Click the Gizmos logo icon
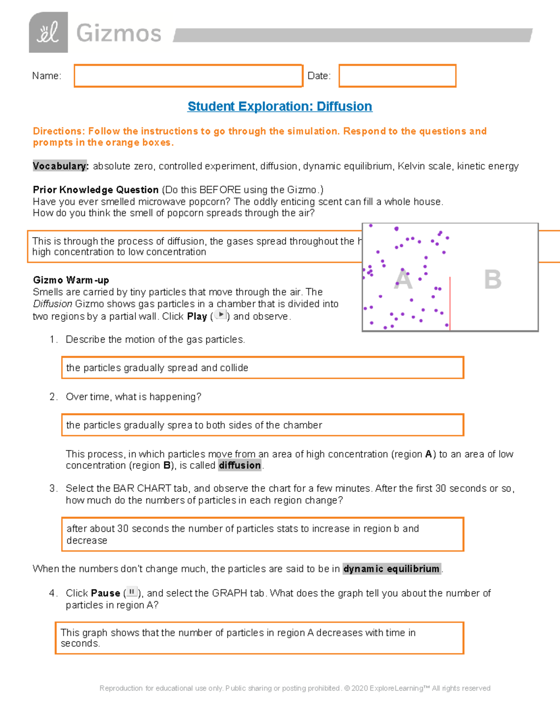[48, 33]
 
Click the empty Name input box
[188, 76]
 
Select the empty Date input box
[397, 76]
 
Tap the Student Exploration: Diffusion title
[280, 106]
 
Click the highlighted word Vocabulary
[60, 166]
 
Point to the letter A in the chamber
[403, 280]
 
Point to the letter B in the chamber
[492, 280]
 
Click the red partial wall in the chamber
[450, 303]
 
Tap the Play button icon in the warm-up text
[220, 315]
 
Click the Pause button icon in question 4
[132, 592]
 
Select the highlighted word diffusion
[240, 465]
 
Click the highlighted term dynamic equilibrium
[392, 569]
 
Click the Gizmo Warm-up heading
[71, 280]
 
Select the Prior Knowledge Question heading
[96, 190]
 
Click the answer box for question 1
[262, 368]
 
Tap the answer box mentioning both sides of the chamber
[262, 425]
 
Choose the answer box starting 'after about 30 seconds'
[262, 535]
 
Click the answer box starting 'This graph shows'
[259, 638]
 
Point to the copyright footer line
[294, 688]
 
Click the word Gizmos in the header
[119, 34]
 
